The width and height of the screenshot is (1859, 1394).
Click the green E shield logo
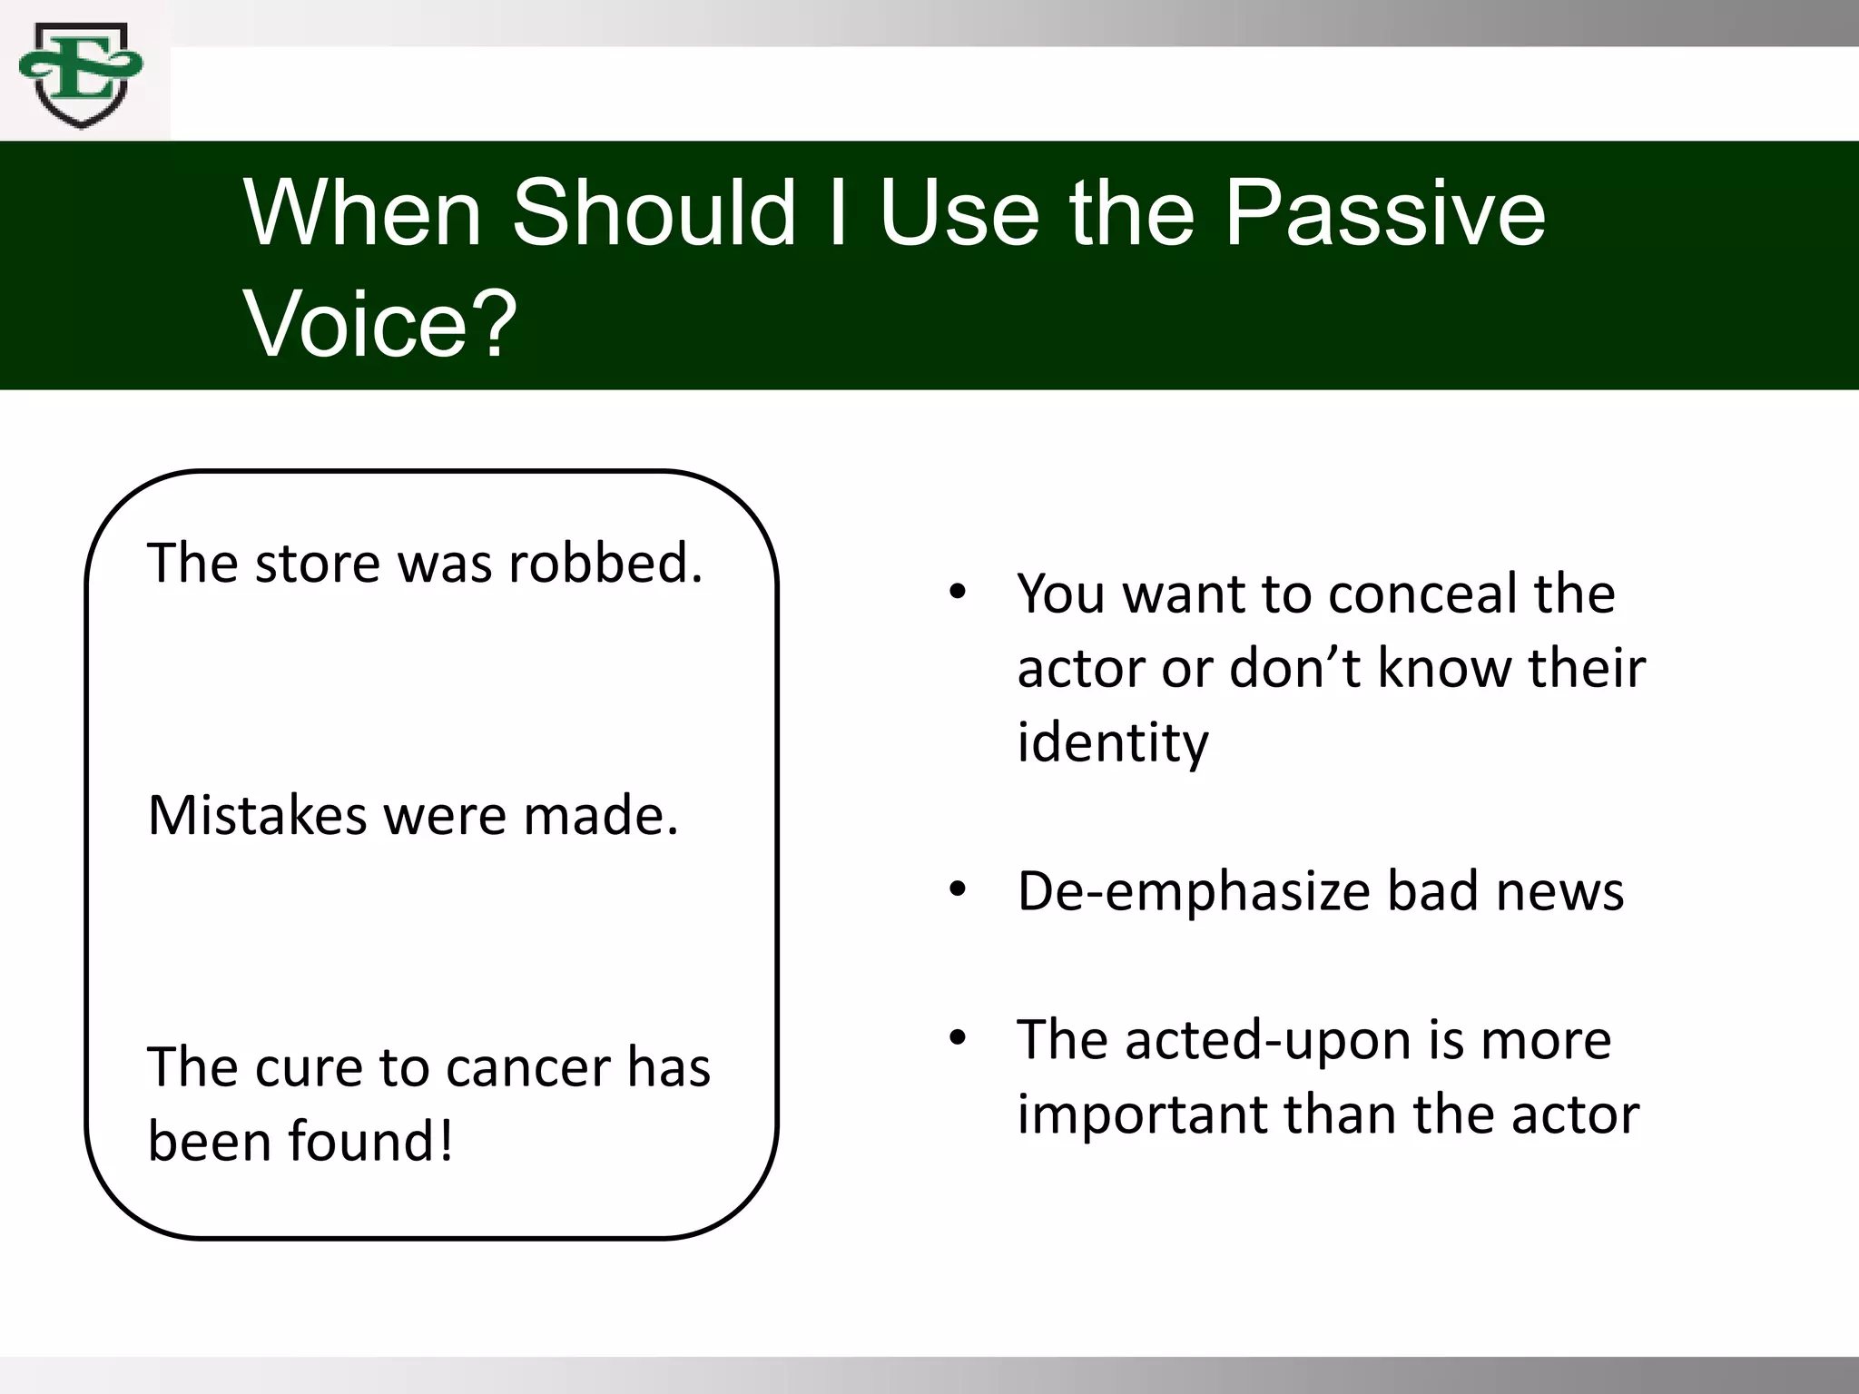[x=82, y=77]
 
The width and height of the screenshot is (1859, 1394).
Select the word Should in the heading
[x=654, y=214]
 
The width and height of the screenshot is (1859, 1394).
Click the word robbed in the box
[x=605, y=563]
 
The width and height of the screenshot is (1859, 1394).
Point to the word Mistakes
[x=257, y=815]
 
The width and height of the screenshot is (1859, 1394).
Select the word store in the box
[x=318, y=563]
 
